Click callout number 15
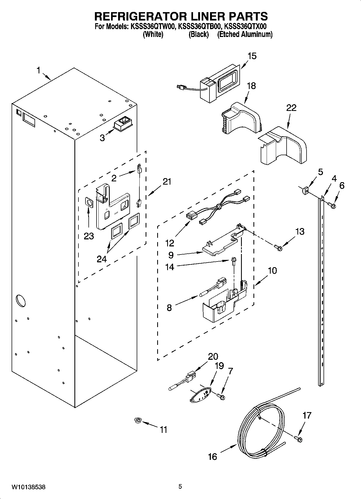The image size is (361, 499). [252, 56]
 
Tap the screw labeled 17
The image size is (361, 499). [298, 439]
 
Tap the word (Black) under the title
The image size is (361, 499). [199, 35]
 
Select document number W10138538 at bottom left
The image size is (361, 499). [28, 487]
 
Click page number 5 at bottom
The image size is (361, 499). [180, 487]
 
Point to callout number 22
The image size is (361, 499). [291, 108]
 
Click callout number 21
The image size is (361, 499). [167, 182]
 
